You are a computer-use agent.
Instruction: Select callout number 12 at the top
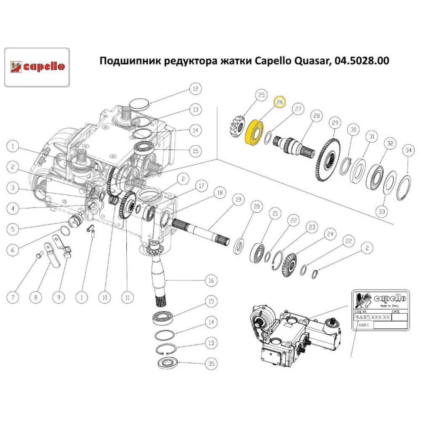point(195,89)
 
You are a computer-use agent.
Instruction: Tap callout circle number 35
point(211,362)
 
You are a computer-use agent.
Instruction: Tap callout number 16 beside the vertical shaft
point(210,280)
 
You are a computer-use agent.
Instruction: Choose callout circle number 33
point(382,212)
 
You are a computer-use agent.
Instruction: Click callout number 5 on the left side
point(13,229)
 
